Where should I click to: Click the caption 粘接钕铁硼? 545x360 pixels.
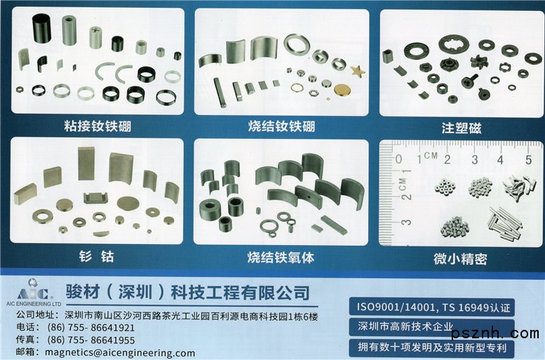coord(97,126)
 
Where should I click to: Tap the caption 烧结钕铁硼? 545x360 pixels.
coord(281,126)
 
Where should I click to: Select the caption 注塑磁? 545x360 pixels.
coord(462,128)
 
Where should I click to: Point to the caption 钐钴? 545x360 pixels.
coord(97,256)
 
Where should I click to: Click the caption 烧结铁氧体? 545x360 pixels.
coord(281,258)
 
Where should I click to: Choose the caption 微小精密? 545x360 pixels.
coord(460,259)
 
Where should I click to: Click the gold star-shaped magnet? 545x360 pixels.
coord(358,71)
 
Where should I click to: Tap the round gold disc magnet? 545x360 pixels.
coord(342,90)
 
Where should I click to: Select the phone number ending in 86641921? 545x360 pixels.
coord(90,327)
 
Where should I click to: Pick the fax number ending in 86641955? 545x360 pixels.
coord(90,340)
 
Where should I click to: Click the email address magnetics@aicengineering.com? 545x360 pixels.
coord(120,353)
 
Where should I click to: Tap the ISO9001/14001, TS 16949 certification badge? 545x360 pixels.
coord(431,307)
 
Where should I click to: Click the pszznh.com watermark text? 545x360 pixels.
coord(495,333)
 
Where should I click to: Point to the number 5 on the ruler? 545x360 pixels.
coord(529,160)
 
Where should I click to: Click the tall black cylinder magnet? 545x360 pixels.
coord(41,28)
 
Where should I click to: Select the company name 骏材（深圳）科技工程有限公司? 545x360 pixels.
coord(188,292)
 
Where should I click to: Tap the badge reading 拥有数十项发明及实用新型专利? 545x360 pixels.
coord(431,347)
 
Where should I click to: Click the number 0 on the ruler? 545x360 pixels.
coord(398,159)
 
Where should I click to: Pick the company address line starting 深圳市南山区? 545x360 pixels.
coord(191,316)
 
